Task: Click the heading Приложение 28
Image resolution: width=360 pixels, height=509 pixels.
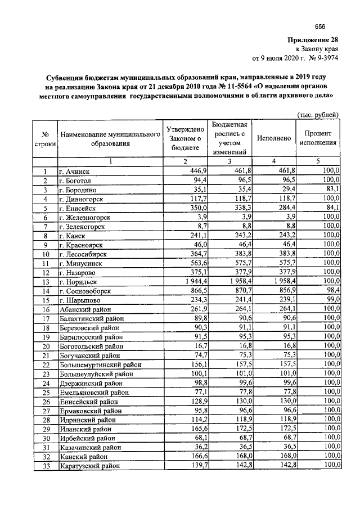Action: pos(313,40)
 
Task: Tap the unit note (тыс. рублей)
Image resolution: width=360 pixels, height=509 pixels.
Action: pos(318,115)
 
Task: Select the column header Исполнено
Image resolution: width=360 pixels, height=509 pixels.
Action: pos(273,138)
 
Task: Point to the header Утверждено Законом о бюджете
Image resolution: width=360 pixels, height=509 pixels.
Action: pos(184,138)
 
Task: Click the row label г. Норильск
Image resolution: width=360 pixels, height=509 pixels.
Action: pos(79,281)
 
